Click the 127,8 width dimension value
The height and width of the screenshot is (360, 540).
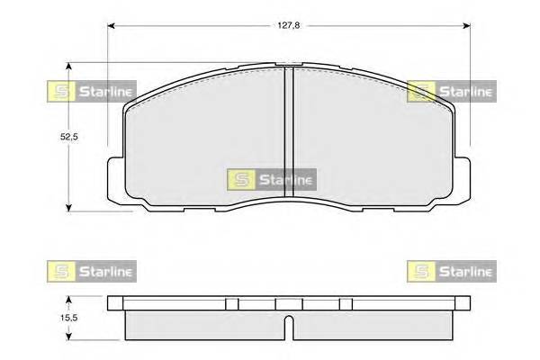(288, 25)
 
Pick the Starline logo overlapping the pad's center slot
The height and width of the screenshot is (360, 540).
(271, 179)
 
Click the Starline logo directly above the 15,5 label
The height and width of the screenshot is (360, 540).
(90, 270)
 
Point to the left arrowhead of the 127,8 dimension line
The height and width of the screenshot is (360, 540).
(112, 25)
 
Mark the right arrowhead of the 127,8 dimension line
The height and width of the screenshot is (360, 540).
(469, 25)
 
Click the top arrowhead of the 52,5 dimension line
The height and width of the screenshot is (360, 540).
(70, 66)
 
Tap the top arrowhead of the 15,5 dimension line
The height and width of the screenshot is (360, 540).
(70, 298)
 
